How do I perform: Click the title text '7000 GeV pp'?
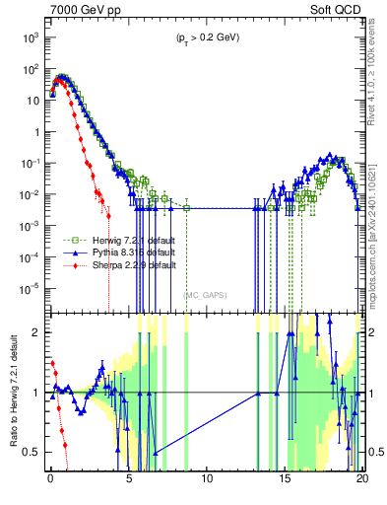pyautogui.click(x=81, y=9)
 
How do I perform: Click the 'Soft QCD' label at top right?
pyautogui.click(x=338, y=9)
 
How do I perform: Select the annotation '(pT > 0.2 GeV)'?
pyautogui.click(x=206, y=37)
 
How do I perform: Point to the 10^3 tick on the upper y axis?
pyautogui.click(x=30, y=36)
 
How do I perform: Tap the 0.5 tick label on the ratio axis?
pyautogui.click(x=32, y=452)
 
